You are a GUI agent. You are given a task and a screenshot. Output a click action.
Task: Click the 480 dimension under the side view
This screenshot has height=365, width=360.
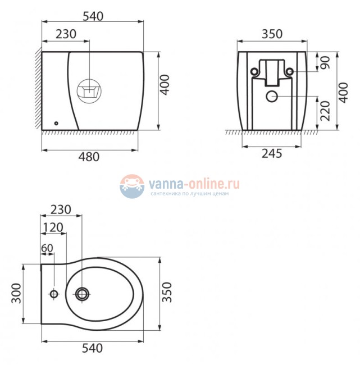coord(88,157)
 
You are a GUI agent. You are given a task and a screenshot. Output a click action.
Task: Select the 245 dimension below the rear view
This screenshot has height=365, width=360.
coord(271,153)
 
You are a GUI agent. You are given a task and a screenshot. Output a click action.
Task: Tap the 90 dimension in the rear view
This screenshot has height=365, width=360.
coord(325,61)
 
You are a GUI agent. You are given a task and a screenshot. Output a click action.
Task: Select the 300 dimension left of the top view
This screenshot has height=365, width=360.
coord(16,294)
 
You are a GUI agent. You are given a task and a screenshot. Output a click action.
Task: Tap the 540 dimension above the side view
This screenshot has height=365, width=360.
coord(93,17)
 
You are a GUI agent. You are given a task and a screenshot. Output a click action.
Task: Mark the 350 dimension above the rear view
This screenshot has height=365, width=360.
coord(272,34)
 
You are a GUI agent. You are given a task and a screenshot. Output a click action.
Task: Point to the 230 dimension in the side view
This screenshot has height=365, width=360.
coord(66,34)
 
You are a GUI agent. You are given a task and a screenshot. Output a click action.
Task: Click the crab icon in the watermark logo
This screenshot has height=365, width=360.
coord(132,186)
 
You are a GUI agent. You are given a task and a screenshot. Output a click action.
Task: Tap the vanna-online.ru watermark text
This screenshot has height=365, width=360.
coord(194,184)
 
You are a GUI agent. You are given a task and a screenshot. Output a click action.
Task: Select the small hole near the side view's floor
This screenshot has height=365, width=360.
coord(56,123)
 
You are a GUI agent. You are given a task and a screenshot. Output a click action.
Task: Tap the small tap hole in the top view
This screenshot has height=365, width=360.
coord(54,294)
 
